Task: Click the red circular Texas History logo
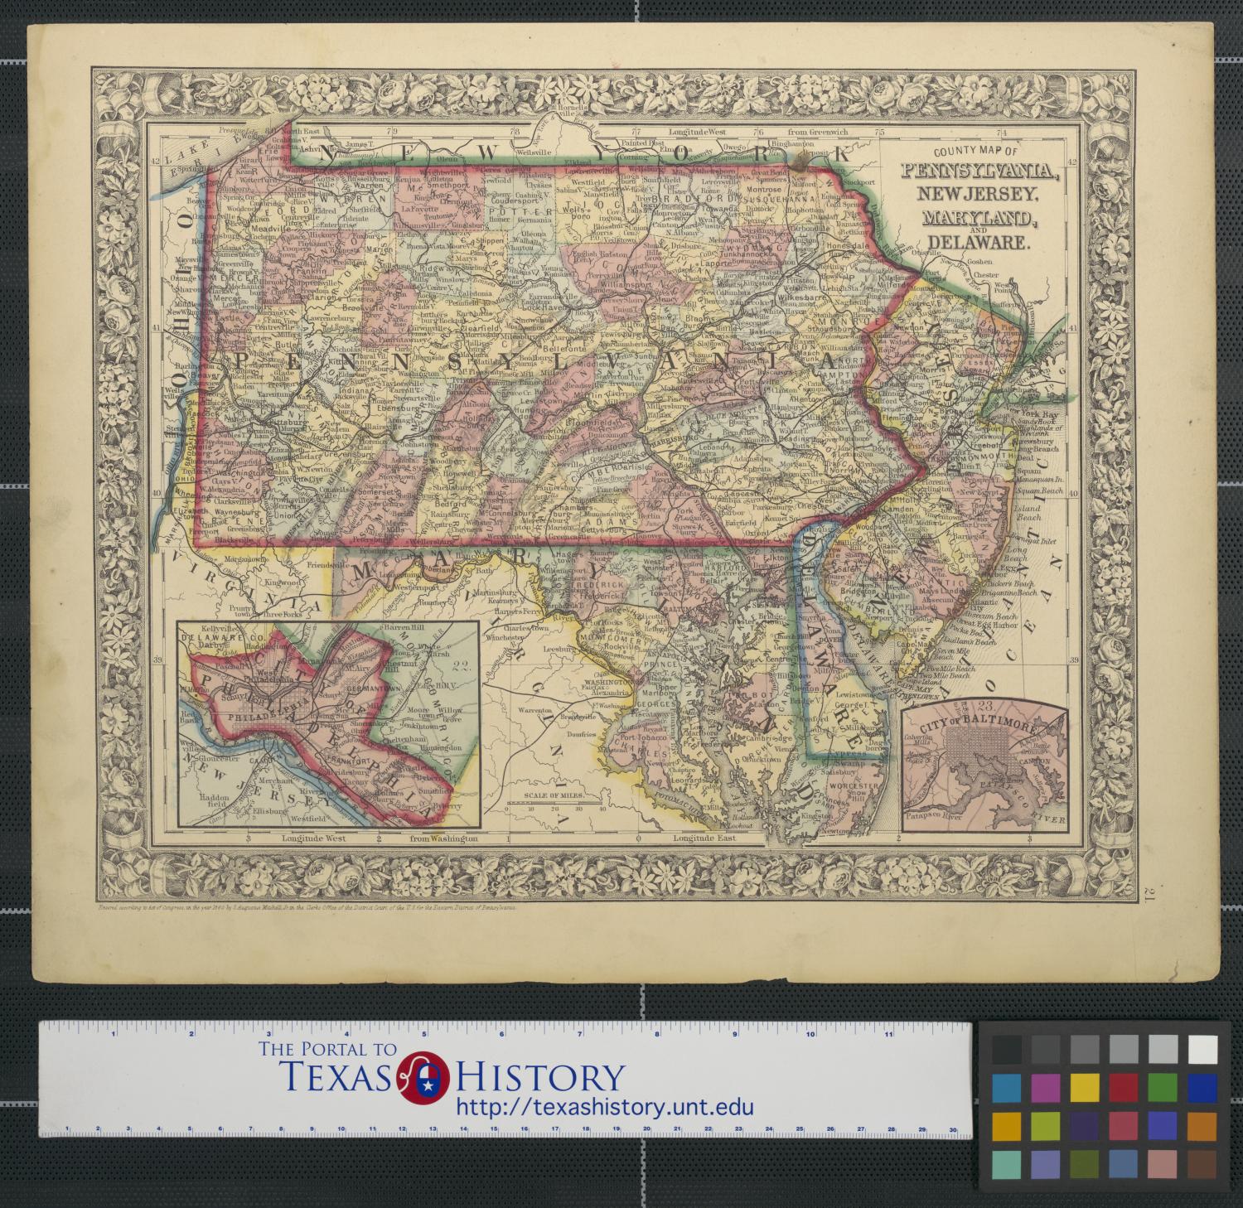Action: [x=424, y=1078]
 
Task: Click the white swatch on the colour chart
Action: [x=1202, y=1050]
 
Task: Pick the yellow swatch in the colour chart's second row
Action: [x=1084, y=1086]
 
